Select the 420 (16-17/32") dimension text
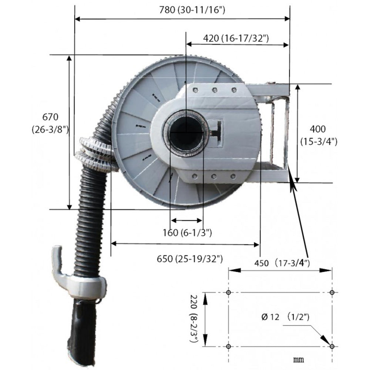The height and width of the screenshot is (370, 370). coord(236,38)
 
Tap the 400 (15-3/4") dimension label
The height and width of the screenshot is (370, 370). coord(318,135)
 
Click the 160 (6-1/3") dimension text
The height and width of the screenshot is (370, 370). coord(187,233)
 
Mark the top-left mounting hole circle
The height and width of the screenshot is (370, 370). coord(228,292)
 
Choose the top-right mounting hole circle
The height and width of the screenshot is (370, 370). coord(332,292)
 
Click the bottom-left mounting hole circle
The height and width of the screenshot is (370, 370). coord(228,346)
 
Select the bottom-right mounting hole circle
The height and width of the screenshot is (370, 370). coord(332,346)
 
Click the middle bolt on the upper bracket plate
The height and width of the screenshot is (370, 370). coord(214,90)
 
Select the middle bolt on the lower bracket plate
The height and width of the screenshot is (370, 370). coord(213,176)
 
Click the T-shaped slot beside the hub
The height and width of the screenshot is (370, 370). coord(217,131)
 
